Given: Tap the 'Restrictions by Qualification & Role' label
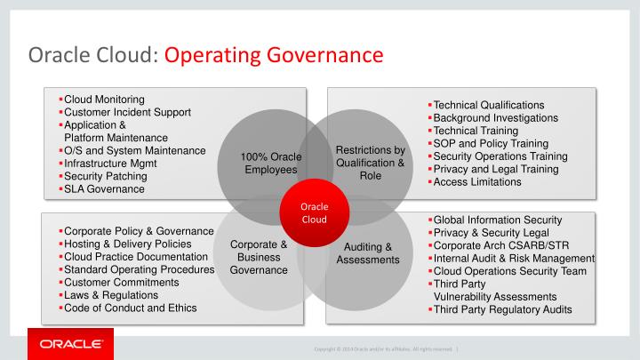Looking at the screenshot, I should click(370, 163).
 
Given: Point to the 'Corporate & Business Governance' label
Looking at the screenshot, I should click(259, 257).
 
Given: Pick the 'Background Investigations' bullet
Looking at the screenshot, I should click(495, 117).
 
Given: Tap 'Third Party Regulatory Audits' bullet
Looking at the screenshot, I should click(503, 310).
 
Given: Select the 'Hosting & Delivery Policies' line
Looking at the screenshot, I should click(128, 244).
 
